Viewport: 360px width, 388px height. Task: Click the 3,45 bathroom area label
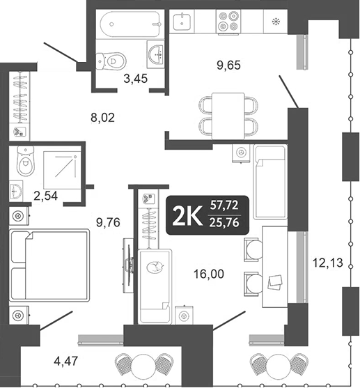[x=135, y=79]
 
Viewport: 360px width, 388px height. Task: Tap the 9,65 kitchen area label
[x=230, y=67]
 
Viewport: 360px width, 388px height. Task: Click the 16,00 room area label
[x=209, y=274]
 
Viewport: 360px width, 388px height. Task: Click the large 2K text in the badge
[x=187, y=216]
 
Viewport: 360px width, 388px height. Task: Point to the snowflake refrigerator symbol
[x=278, y=21]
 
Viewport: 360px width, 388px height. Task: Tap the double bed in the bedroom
[x=49, y=265]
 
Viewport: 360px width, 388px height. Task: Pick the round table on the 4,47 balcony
[x=143, y=364]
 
